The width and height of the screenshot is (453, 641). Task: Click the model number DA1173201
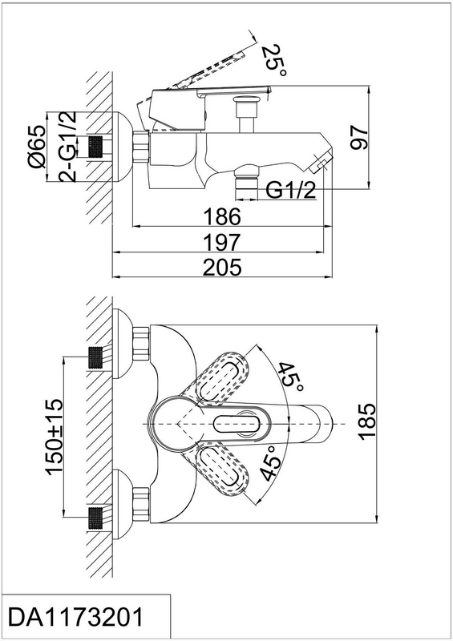(76, 616)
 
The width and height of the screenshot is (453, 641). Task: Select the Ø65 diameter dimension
(36, 147)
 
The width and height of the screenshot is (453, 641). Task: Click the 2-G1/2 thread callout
(67, 146)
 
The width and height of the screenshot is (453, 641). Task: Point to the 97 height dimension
(359, 138)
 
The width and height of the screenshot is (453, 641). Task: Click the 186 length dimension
(222, 216)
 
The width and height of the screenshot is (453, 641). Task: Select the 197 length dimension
(222, 243)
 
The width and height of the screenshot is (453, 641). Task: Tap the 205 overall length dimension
(222, 268)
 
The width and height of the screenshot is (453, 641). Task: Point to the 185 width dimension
(366, 422)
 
